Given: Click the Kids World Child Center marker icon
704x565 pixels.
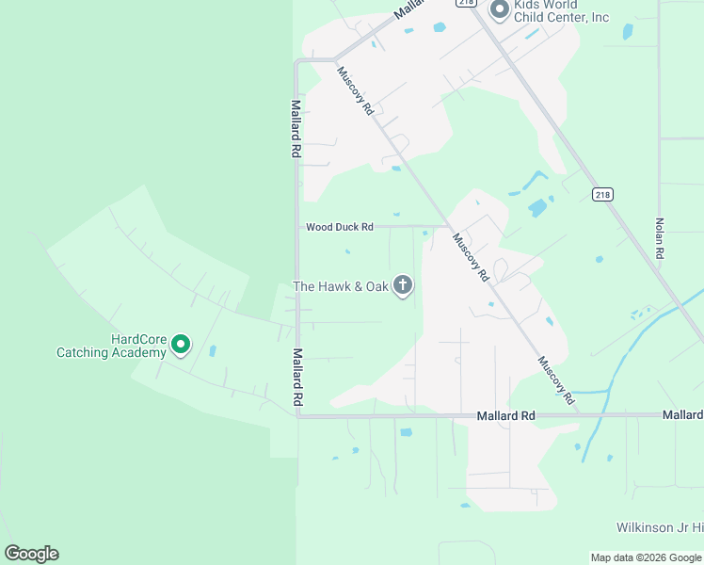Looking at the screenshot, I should pos(499,10).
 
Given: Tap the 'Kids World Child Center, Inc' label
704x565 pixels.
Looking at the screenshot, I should pos(562,11).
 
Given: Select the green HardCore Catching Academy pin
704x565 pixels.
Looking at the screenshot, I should pos(180,347).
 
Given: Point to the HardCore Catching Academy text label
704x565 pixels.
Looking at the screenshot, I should pos(111,347).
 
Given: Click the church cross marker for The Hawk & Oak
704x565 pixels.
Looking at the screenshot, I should pos(403,285).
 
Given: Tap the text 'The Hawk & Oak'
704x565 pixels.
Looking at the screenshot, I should pos(341,286).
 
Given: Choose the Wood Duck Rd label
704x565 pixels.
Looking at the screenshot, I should pos(340,227).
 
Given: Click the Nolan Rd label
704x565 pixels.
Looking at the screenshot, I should pos(660,239).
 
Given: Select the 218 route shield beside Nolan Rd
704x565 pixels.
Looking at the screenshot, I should pos(602,194).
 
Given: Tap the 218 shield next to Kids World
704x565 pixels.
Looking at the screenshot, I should pos(466,3).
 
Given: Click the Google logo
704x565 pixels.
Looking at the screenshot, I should pos(32,554).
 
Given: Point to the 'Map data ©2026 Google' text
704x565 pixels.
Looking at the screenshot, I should pos(646,557).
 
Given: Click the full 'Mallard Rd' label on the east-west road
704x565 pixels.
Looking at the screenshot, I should pos(505,415).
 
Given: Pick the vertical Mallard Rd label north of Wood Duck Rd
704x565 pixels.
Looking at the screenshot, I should pos(296,128).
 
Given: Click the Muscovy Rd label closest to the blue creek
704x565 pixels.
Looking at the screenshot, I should pos(556,380).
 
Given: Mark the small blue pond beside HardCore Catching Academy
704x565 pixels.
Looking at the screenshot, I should pos(212,351).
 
